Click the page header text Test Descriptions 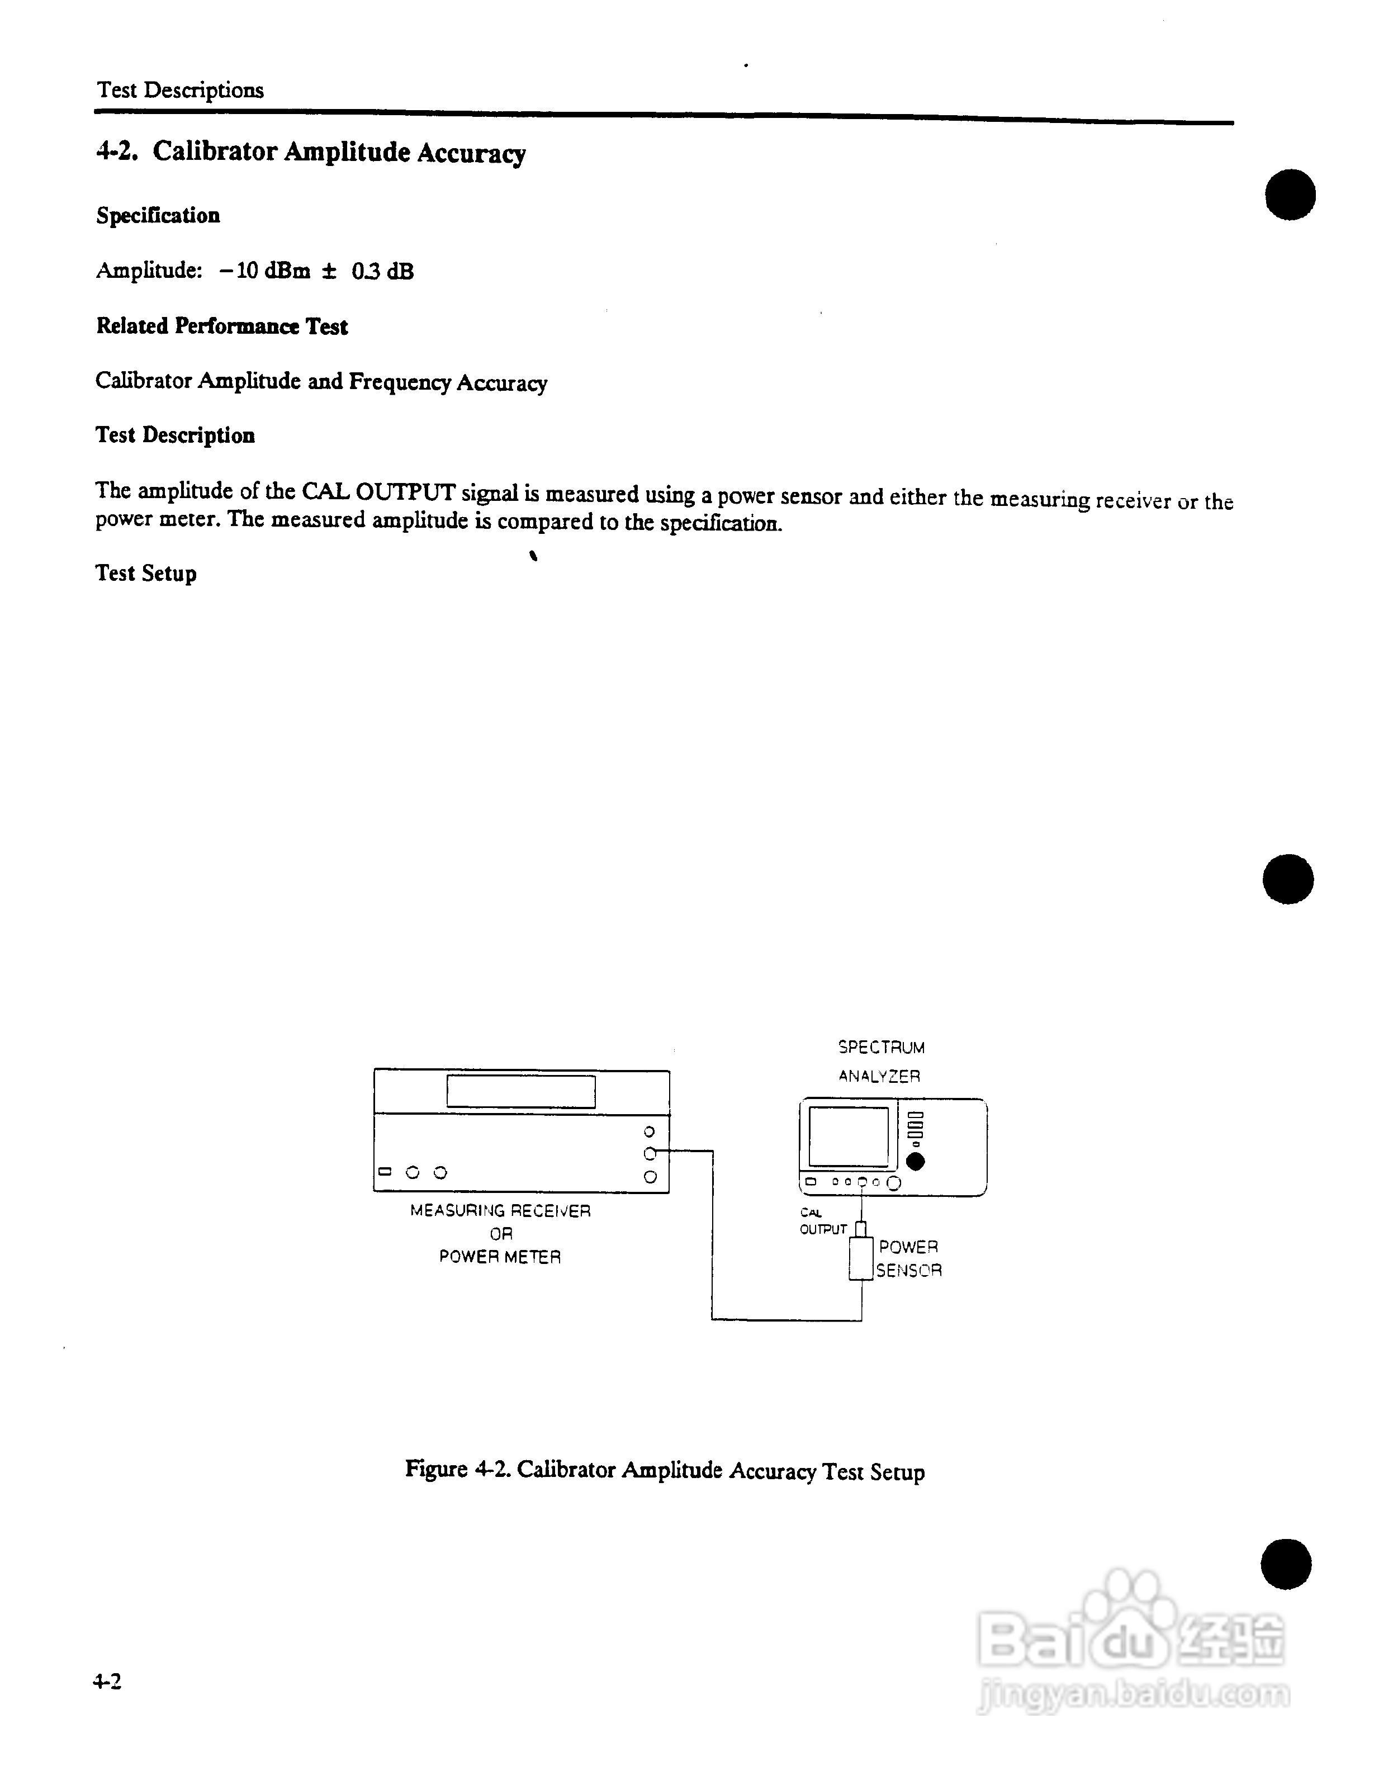180,90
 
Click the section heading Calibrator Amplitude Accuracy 339,153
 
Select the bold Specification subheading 158,216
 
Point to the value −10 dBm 264,271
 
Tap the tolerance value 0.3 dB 382,272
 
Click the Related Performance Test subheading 222,326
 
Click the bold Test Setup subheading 146,574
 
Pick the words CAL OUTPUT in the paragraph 378,492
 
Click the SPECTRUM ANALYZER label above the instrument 881,1062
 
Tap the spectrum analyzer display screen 849,1136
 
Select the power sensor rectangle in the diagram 861,1258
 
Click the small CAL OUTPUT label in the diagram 822,1221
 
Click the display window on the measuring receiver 520,1091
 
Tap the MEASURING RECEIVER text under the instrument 500,1211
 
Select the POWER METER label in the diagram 500,1257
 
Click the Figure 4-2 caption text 665,1470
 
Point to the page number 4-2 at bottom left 108,1681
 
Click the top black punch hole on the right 1291,195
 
